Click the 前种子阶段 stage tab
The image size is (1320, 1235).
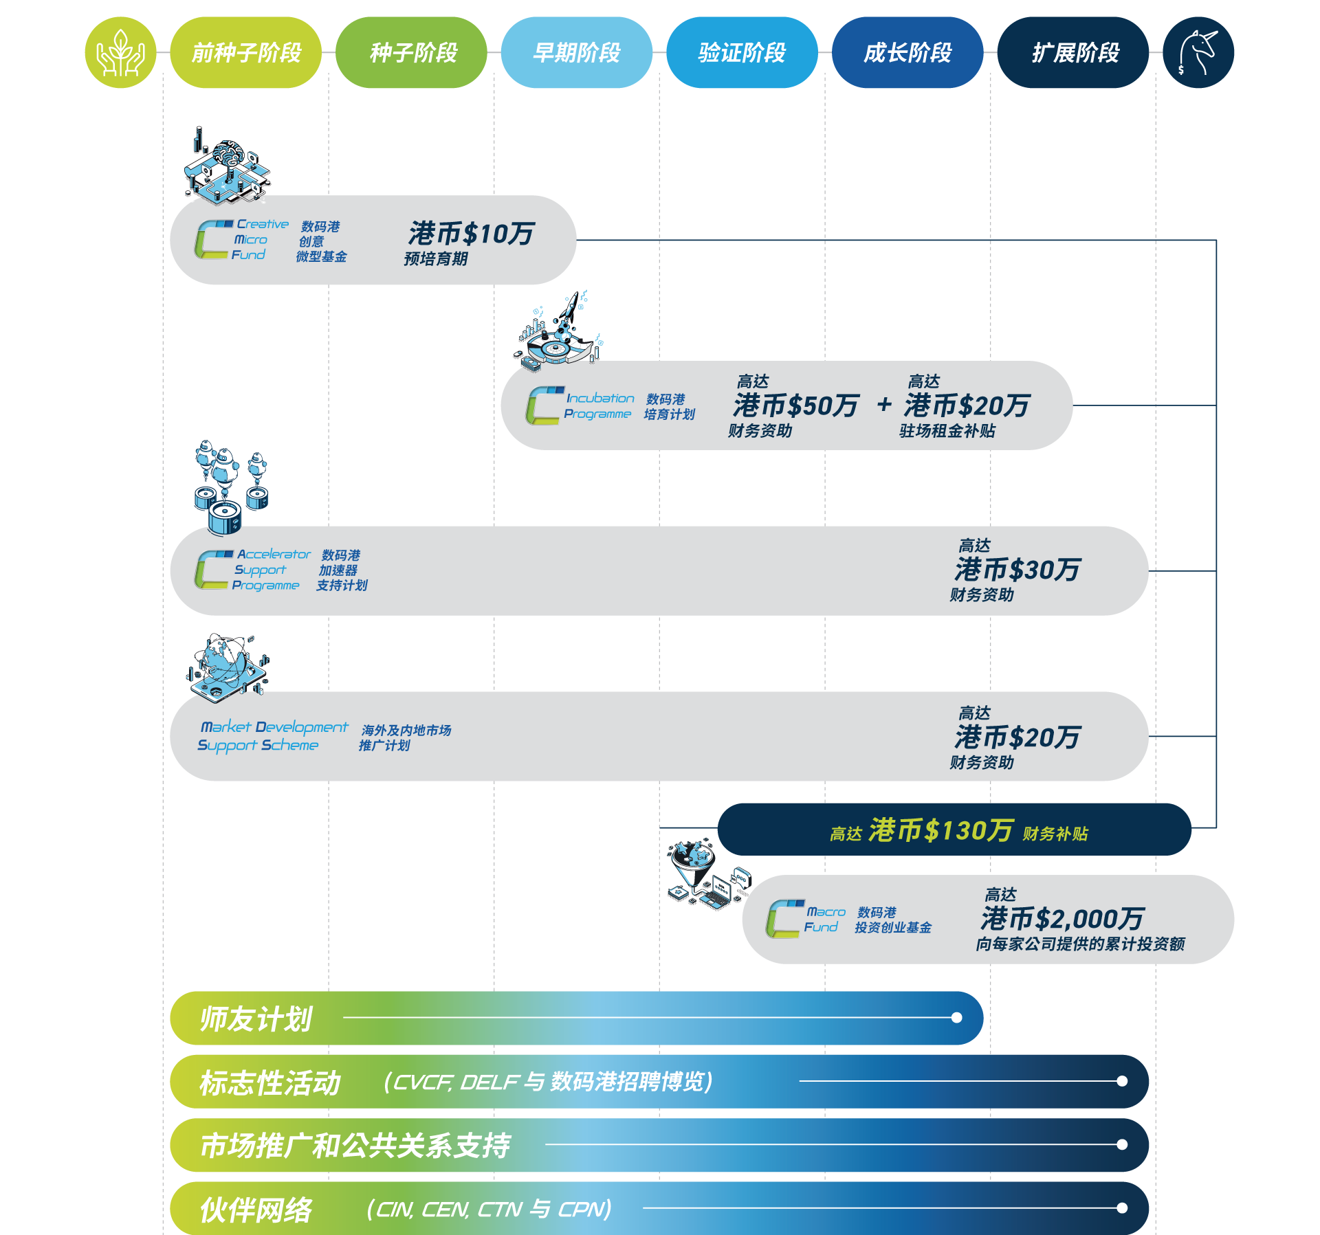(246, 53)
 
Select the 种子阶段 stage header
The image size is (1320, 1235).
(412, 53)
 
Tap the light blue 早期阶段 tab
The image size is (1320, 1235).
(577, 53)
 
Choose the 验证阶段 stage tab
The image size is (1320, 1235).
(742, 53)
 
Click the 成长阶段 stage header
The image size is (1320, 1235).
(907, 53)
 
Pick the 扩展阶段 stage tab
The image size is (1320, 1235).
(1075, 53)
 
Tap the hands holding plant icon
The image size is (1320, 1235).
(120, 53)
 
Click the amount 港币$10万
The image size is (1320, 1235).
(471, 234)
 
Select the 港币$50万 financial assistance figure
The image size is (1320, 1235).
(795, 405)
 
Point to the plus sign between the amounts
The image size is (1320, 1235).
(884, 405)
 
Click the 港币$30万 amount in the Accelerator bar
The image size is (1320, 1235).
(1017, 570)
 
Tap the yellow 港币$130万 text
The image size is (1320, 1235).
(940, 831)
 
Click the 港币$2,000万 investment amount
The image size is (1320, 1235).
(1062, 919)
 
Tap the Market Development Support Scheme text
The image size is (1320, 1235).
(273, 735)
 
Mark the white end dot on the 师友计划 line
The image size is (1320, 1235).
(956, 1018)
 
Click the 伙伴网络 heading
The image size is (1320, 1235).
(256, 1210)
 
